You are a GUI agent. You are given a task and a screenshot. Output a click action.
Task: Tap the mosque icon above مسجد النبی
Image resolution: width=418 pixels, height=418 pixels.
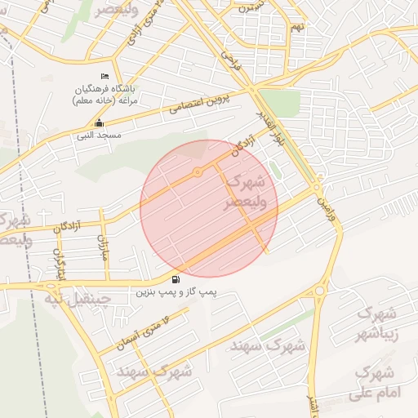[x=99, y=124]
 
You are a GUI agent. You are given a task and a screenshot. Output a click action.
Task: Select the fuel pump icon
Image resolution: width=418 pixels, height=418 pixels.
[x=177, y=279]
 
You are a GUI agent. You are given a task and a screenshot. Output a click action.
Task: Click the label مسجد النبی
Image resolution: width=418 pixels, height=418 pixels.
[x=99, y=135]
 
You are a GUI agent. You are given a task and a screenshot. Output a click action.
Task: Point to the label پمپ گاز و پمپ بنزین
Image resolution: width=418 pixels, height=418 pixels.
[x=177, y=291]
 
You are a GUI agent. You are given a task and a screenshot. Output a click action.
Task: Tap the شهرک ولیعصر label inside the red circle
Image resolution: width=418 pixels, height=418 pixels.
[x=244, y=192]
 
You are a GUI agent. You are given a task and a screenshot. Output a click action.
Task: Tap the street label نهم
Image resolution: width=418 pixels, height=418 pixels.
[x=296, y=27]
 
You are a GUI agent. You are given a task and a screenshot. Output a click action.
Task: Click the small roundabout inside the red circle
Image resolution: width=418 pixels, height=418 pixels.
[x=198, y=171]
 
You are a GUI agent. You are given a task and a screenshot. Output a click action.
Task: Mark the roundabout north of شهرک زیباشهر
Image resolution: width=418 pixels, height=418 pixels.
[x=318, y=290]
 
